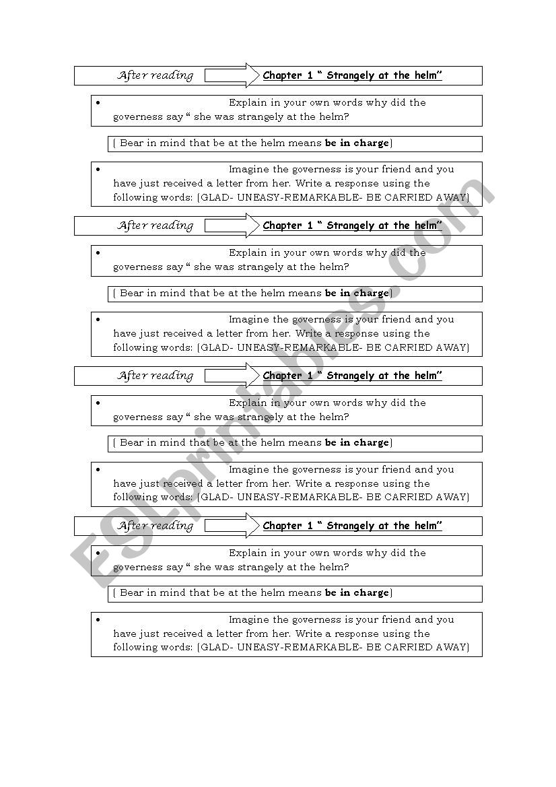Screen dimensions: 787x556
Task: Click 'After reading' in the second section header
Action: [x=155, y=226]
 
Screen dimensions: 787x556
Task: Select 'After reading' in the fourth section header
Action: [x=155, y=526]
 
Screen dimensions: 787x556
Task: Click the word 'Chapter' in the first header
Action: [x=282, y=75]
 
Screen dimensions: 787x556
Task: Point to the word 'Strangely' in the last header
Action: [x=351, y=526]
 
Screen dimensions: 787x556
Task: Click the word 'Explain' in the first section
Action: [x=248, y=103]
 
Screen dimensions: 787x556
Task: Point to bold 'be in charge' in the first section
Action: [x=357, y=143]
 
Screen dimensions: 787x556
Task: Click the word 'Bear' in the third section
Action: [x=131, y=443]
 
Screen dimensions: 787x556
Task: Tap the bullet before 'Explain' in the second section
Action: [x=98, y=253]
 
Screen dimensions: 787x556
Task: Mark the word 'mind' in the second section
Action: [x=173, y=294]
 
